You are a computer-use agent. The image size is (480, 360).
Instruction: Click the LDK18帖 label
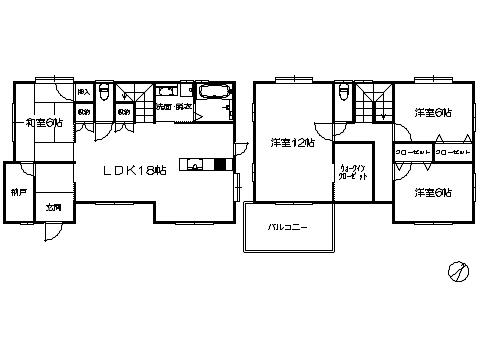click(135, 170)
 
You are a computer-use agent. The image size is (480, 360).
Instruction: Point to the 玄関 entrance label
click(52, 208)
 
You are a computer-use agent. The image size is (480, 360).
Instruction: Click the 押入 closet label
click(85, 91)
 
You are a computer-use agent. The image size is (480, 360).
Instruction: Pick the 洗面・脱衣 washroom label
click(173, 106)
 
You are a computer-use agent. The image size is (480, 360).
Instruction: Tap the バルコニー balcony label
click(286, 227)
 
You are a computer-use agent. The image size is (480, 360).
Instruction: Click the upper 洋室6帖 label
click(433, 113)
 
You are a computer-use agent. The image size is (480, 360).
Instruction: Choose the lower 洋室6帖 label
click(433, 191)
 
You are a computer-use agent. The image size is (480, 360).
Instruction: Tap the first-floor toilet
click(102, 93)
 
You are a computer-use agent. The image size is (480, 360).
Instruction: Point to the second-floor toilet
click(344, 93)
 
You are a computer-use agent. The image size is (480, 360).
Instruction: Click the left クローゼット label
click(412, 151)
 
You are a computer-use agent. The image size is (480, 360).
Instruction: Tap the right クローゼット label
click(453, 151)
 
